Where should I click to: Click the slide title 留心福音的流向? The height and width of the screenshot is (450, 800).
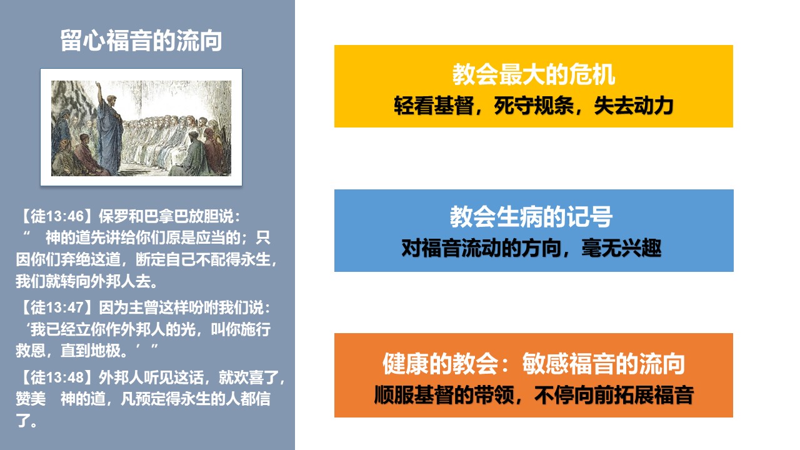(x=141, y=41)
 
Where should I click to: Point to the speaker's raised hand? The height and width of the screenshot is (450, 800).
(x=98, y=85)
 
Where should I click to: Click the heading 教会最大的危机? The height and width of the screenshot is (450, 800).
(x=534, y=74)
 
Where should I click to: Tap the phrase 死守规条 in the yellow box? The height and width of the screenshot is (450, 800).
(x=534, y=106)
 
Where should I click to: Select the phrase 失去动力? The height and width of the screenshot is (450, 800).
(x=634, y=106)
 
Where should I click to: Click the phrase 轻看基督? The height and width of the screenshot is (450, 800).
(x=434, y=106)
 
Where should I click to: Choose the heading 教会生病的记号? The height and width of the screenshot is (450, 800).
(x=531, y=216)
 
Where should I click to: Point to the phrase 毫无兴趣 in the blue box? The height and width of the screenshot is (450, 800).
(x=621, y=248)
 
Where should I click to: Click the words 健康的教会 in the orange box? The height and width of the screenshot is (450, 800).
(x=440, y=364)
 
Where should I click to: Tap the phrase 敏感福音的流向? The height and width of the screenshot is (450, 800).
(x=604, y=364)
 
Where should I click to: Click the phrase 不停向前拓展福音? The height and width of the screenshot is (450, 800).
(x=614, y=395)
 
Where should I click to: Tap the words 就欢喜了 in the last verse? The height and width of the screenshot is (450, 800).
(x=248, y=377)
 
